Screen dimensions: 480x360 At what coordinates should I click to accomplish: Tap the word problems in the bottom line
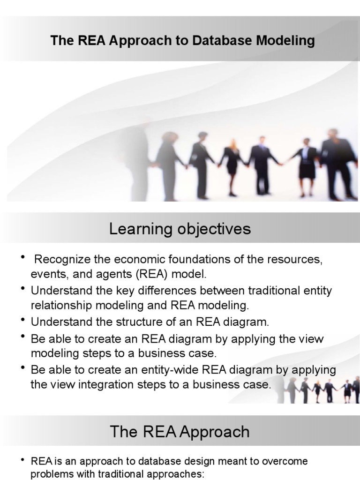coord(52,474)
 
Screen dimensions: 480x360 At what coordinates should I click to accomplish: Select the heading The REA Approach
coord(180,432)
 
